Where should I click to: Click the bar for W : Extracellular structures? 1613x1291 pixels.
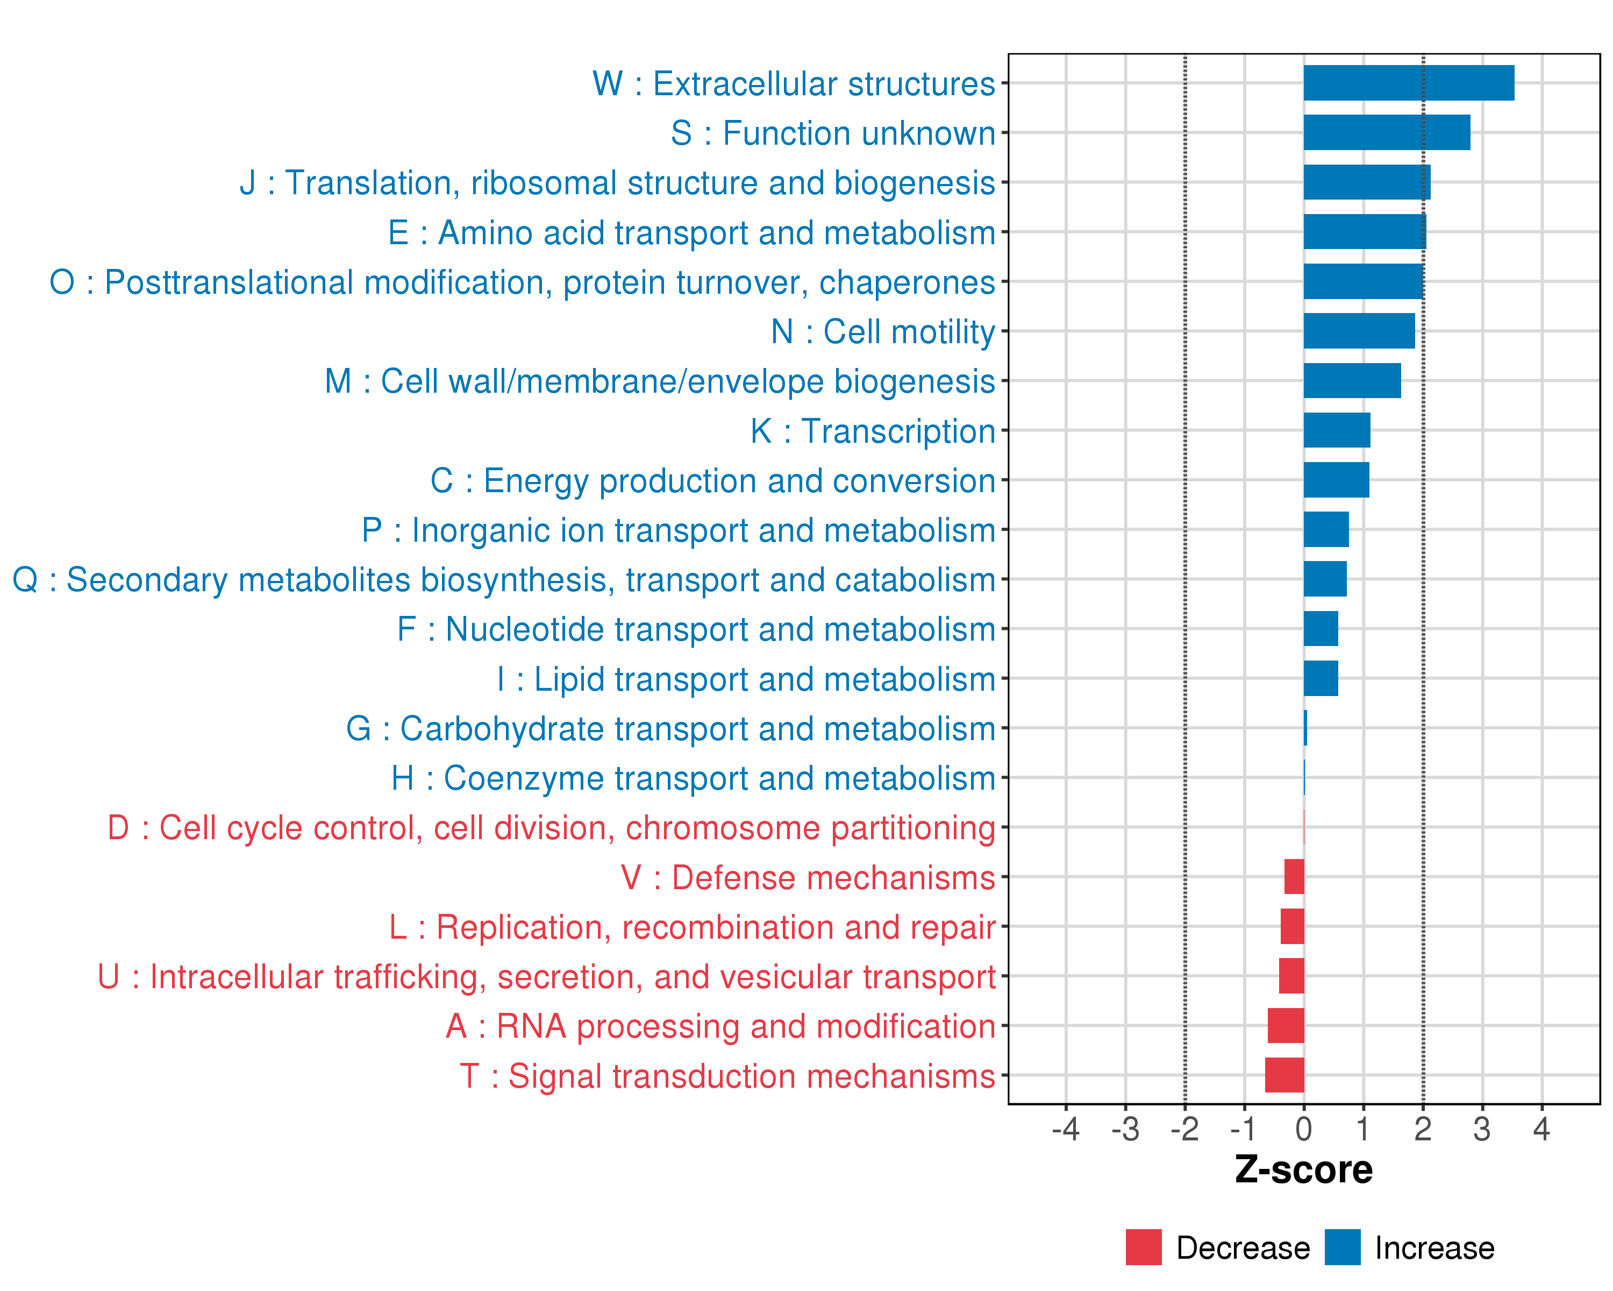[x=1408, y=83]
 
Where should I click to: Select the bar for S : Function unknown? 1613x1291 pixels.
[x=1386, y=132]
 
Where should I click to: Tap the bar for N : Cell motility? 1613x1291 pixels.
[x=1359, y=331]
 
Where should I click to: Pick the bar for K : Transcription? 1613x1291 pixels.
[x=1336, y=430]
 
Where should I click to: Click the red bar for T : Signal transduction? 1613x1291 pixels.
[x=1284, y=1075]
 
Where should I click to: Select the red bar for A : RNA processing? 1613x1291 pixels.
[x=1286, y=1025]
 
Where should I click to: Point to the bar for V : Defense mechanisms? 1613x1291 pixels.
[x=1294, y=876]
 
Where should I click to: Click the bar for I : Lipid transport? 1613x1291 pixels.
[x=1321, y=678]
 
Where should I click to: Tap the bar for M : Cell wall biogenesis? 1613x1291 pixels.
[x=1352, y=380]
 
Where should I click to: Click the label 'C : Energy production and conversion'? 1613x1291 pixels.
[x=712, y=480]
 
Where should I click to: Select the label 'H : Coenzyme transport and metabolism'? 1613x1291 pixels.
[x=693, y=778]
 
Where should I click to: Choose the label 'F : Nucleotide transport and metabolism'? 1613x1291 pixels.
[x=696, y=629]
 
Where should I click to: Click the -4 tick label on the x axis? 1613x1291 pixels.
[x=1065, y=1129]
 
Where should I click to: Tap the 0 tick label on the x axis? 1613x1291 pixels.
[x=1303, y=1129]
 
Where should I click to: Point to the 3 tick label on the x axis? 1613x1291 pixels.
[x=1481, y=1129]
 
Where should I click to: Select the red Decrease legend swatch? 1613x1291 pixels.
[x=1143, y=1247]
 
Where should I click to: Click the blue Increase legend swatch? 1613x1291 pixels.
[x=1342, y=1247]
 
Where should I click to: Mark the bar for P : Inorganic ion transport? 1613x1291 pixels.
[x=1326, y=529]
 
